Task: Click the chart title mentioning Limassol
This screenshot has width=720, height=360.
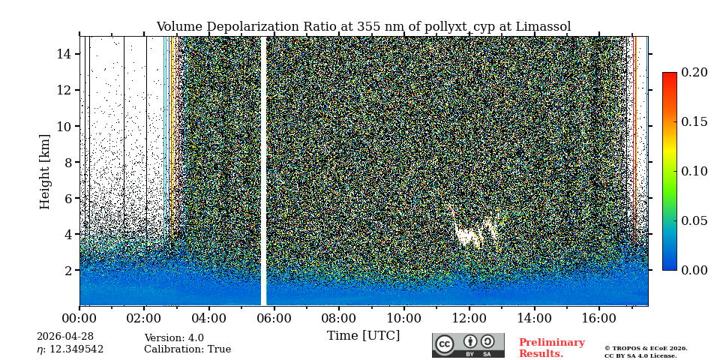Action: pyautogui.click(x=363, y=27)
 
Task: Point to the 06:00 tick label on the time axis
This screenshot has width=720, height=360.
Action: pyautogui.click(x=274, y=319)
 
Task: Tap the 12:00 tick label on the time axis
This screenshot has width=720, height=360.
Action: pyautogui.click(x=469, y=319)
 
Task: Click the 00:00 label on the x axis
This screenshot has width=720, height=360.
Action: pyautogui.click(x=79, y=319)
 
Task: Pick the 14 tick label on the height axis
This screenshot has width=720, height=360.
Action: pyautogui.click(x=64, y=54)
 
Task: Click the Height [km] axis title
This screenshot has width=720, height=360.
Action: pyautogui.click(x=45, y=171)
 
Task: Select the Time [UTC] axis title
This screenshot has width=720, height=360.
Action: pyautogui.click(x=363, y=335)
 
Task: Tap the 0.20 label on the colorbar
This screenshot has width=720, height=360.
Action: pyautogui.click(x=694, y=73)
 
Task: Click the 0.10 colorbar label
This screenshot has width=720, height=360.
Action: pyautogui.click(x=694, y=171)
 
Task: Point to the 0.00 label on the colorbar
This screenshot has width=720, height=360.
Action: pyautogui.click(x=694, y=270)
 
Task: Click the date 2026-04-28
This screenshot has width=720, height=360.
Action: pyautogui.click(x=64, y=337)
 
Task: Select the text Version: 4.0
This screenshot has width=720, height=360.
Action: pyautogui.click(x=174, y=338)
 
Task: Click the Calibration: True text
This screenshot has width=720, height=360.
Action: pyautogui.click(x=187, y=349)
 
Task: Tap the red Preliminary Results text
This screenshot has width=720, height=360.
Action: pyautogui.click(x=551, y=348)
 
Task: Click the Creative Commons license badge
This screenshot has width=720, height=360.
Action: pyautogui.click(x=468, y=345)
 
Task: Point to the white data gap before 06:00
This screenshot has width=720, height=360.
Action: pyautogui.click(x=263, y=171)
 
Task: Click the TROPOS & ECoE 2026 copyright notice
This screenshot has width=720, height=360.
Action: pyautogui.click(x=646, y=349)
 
